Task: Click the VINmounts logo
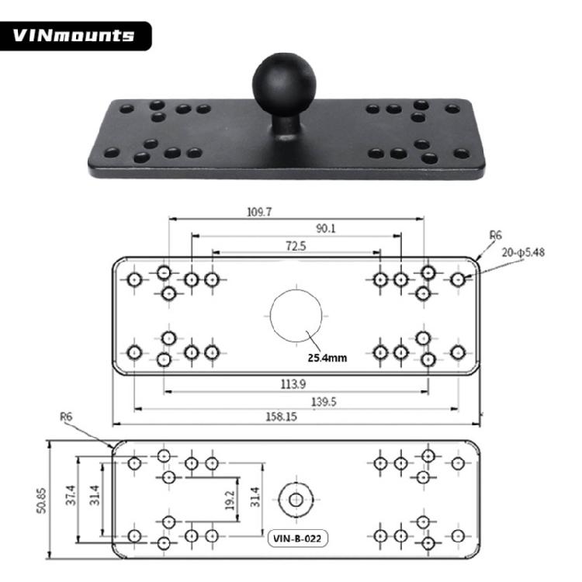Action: [74, 36]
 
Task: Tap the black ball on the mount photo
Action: [284, 81]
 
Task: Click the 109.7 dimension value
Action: [258, 211]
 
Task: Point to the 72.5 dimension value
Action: [296, 246]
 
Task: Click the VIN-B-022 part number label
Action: [296, 536]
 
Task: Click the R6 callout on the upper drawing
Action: [495, 234]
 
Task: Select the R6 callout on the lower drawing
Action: [67, 417]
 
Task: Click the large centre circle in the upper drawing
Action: [296, 316]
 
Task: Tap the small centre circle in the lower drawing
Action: [296, 499]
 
